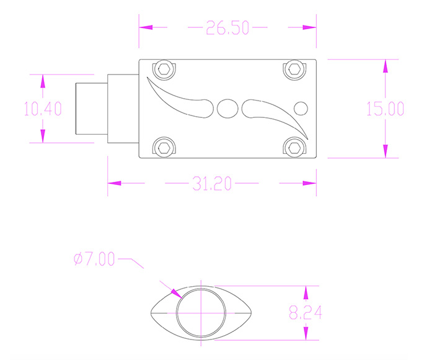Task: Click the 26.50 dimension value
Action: pyautogui.click(x=228, y=28)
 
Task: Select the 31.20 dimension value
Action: pyautogui.click(x=211, y=184)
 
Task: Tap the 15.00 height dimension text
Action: pyautogui.click(x=385, y=109)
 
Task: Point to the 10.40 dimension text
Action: pyautogui.click(x=42, y=109)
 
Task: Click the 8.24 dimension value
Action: pyautogui.click(x=304, y=313)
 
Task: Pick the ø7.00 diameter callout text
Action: pyautogui.click(x=94, y=259)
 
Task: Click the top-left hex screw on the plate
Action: pyautogui.click(x=164, y=69)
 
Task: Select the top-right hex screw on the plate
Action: pyautogui.click(x=294, y=69)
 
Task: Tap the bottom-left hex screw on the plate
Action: pyautogui.click(x=164, y=147)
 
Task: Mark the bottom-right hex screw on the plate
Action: pyautogui.click(x=294, y=147)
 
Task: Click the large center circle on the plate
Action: pyautogui.click(x=227, y=109)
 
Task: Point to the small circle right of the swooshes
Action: pyautogui.click(x=300, y=108)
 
